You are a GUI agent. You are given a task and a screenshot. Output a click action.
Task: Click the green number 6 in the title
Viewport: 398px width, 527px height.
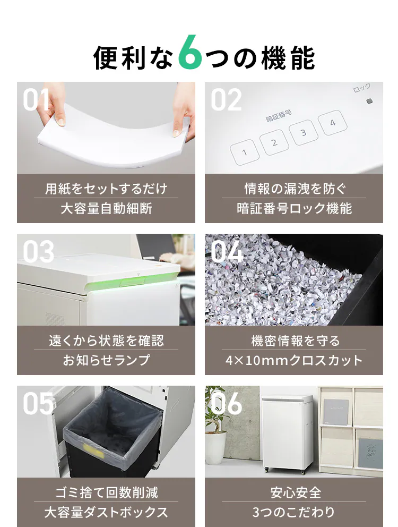pyautogui.click(x=190, y=53)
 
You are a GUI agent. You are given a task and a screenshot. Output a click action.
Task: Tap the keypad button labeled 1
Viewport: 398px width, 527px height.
pyautogui.click(x=245, y=152)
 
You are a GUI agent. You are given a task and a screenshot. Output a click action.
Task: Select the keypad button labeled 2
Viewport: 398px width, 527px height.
pyautogui.click(x=274, y=142)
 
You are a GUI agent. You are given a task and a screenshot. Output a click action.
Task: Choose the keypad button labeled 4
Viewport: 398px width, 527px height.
pyautogui.click(x=333, y=123)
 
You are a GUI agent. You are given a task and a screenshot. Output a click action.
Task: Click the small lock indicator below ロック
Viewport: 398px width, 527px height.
pyautogui.click(x=370, y=101)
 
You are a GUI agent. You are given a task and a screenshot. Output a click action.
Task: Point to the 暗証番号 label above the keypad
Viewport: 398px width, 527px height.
pyautogui.click(x=279, y=116)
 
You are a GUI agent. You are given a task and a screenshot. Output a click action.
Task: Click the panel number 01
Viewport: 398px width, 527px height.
pyautogui.click(x=36, y=99)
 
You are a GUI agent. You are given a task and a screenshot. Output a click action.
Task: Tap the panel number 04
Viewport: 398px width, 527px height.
pyautogui.click(x=227, y=251)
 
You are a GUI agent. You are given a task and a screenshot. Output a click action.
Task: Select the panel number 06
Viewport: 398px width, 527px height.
pyautogui.click(x=226, y=403)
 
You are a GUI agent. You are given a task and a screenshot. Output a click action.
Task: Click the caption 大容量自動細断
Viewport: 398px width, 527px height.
pyautogui.click(x=106, y=208)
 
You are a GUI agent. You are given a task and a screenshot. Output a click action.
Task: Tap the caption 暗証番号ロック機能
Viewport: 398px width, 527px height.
pyautogui.click(x=294, y=208)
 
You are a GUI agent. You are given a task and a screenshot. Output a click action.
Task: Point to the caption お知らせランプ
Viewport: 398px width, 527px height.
pyautogui.click(x=106, y=360)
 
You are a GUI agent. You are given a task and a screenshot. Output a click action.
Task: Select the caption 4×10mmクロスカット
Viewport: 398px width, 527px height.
pyautogui.click(x=294, y=360)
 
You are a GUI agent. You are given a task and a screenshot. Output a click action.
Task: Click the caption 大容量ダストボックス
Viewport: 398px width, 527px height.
pyautogui.click(x=106, y=512)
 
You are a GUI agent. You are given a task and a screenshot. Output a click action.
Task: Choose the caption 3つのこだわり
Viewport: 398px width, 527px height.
pyautogui.click(x=294, y=512)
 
